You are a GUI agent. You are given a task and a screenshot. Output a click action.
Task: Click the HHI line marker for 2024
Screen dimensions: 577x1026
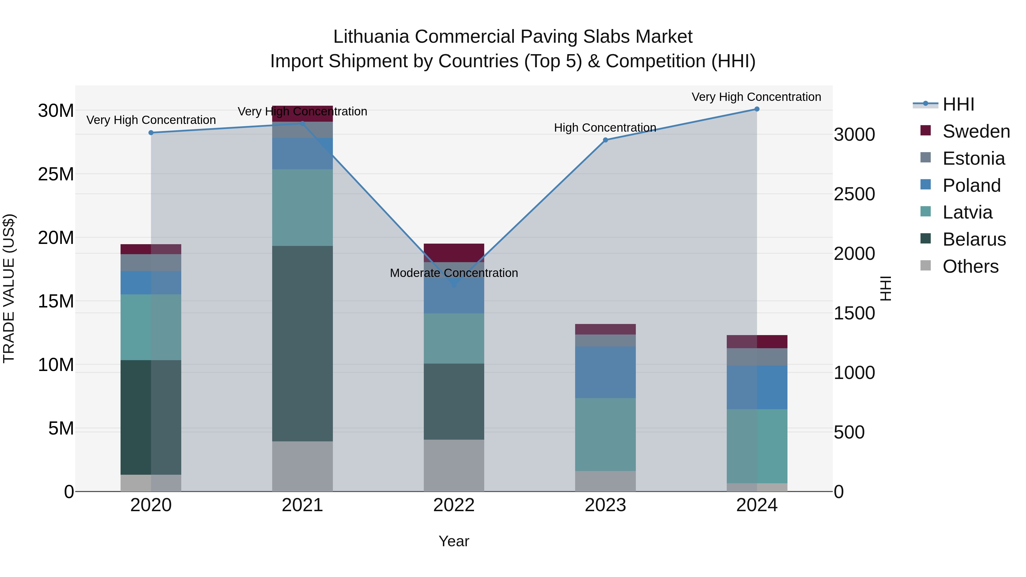tap(757, 109)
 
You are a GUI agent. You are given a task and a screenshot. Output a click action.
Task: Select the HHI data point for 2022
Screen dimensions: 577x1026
tap(454, 284)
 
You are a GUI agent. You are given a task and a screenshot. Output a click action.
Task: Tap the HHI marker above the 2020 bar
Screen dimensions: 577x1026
tap(151, 132)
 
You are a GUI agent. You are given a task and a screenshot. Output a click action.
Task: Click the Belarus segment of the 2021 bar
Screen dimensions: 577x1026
tap(302, 343)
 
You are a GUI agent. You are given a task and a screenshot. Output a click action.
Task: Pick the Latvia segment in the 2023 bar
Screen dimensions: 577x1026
tap(605, 435)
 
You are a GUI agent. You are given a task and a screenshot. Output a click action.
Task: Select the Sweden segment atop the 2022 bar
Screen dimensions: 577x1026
tap(454, 253)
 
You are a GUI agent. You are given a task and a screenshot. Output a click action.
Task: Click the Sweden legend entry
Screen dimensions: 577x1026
tap(976, 131)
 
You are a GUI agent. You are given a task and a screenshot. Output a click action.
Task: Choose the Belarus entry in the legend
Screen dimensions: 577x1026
tap(974, 239)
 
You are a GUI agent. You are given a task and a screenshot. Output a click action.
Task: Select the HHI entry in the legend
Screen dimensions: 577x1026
tap(958, 104)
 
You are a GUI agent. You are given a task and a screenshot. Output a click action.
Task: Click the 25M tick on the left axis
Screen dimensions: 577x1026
tap(56, 174)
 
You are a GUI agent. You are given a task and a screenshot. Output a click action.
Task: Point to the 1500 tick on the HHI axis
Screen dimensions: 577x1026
tap(854, 313)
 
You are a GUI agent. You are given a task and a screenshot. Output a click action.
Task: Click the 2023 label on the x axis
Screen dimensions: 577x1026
tap(605, 505)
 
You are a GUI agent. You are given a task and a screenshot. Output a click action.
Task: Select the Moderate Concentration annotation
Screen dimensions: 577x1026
tap(454, 273)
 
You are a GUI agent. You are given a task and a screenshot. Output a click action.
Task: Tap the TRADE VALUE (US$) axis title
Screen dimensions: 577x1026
tap(9, 288)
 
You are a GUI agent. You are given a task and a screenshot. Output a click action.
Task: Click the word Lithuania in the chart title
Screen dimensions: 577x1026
tap(371, 37)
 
